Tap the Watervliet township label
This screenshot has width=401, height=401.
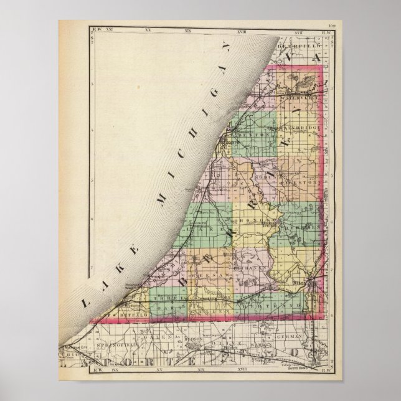[x=293, y=97]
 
